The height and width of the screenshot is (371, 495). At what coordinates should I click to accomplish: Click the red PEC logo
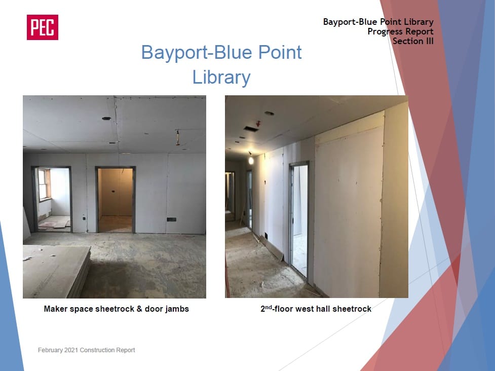coord(42,27)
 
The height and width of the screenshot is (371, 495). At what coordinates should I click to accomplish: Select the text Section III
coord(413,41)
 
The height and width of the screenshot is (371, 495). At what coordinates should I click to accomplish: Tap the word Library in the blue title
coord(221,78)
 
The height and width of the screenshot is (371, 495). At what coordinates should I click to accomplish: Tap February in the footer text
coord(50,350)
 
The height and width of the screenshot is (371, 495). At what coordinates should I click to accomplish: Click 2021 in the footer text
coord(71,350)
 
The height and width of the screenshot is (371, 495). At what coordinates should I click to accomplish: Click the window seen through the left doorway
coord(44,185)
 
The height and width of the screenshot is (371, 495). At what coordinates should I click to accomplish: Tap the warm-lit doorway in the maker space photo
coord(116,200)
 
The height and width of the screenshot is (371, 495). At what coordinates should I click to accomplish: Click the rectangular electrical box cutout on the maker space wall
coord(171,219)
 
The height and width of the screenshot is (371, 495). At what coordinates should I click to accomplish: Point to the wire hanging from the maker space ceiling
coord(178,138)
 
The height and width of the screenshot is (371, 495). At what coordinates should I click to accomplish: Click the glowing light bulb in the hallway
coord(251,160)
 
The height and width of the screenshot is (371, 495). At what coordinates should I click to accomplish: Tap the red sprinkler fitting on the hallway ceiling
coord(258,123)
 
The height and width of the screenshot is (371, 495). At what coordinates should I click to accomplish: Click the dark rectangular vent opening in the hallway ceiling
coord(251,129)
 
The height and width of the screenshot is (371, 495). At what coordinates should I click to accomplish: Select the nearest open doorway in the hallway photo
coord(299,219)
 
